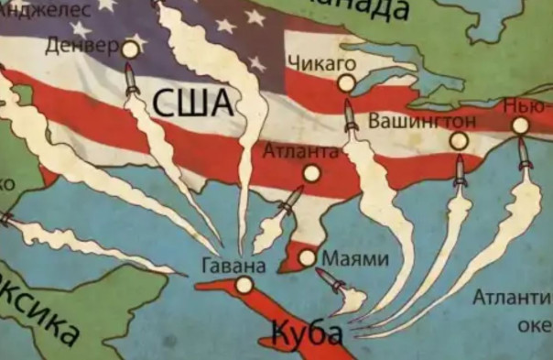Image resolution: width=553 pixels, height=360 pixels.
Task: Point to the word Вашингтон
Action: point(421,121)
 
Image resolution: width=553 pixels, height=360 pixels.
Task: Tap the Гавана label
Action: point(233,267)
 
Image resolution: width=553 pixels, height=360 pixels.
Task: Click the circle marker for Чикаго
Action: point(345,83)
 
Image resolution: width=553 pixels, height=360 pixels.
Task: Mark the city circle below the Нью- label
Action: point(520,125)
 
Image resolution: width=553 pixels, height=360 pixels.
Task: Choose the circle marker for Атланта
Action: point(311,172)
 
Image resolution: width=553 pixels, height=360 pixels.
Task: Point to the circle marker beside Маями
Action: point(307,257)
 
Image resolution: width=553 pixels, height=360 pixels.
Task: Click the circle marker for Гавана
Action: point(244,286)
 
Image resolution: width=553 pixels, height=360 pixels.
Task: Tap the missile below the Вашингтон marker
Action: point(461,171)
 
